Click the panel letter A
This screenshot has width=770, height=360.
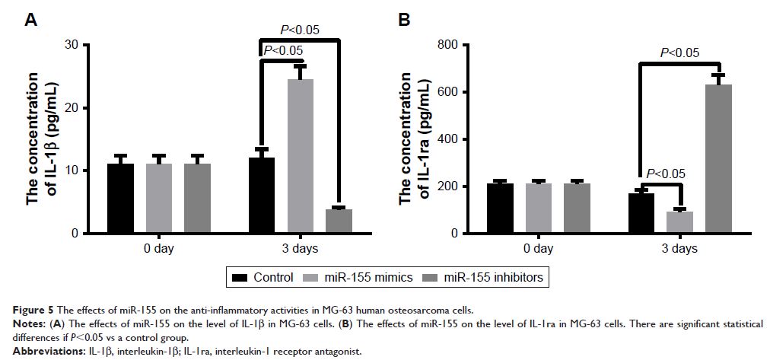31,20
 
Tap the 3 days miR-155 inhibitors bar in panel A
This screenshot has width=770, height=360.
338,221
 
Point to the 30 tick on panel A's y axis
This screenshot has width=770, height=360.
73,45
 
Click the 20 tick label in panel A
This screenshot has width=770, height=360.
73,108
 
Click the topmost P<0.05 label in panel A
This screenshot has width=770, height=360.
300,30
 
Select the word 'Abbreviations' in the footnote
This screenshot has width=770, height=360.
36,352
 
